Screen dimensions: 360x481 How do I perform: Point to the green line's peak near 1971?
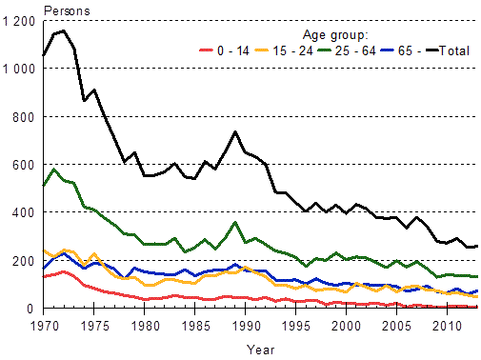pyautogui.click(x=53, y=170)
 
